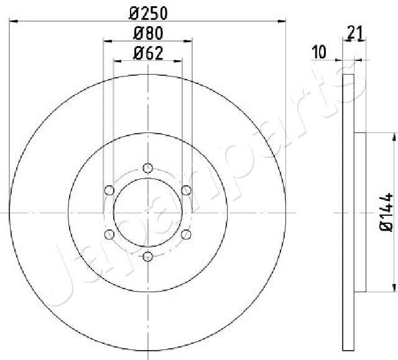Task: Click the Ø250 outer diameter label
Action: [147, 13]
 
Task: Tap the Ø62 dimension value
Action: [147, 53]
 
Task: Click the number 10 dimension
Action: [320, 53]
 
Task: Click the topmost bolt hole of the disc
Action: [147, 168]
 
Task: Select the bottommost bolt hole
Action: [147, 256]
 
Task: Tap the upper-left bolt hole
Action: [109, 190]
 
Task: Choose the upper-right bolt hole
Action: [185, 190]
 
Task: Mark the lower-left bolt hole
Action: [109, 234]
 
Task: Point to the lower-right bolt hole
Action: [185, 234]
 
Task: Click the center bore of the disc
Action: [147, 212]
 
